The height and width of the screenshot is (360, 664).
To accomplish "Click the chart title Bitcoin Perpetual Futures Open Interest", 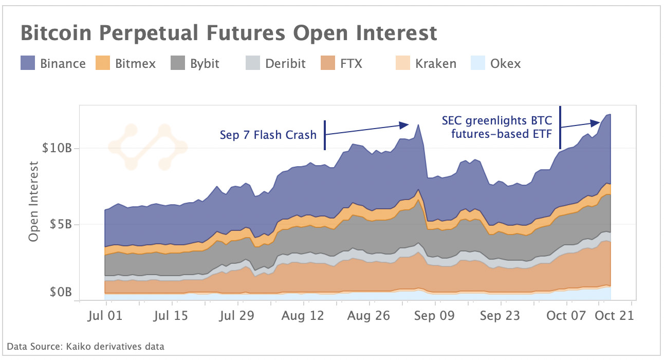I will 229,33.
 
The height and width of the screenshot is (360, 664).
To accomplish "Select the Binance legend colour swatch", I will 28,63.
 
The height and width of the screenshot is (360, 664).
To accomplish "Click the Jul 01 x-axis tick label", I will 106,315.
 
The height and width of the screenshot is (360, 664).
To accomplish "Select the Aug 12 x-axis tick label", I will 303,315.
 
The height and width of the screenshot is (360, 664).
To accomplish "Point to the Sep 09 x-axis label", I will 434,315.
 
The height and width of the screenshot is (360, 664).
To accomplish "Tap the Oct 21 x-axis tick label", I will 615,315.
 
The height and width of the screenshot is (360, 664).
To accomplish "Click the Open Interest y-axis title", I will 34,201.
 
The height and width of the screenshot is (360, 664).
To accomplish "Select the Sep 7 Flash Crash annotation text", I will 268,135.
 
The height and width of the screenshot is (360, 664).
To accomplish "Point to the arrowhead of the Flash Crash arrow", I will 406,124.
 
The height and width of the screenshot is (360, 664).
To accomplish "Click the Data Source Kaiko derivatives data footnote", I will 85,346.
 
